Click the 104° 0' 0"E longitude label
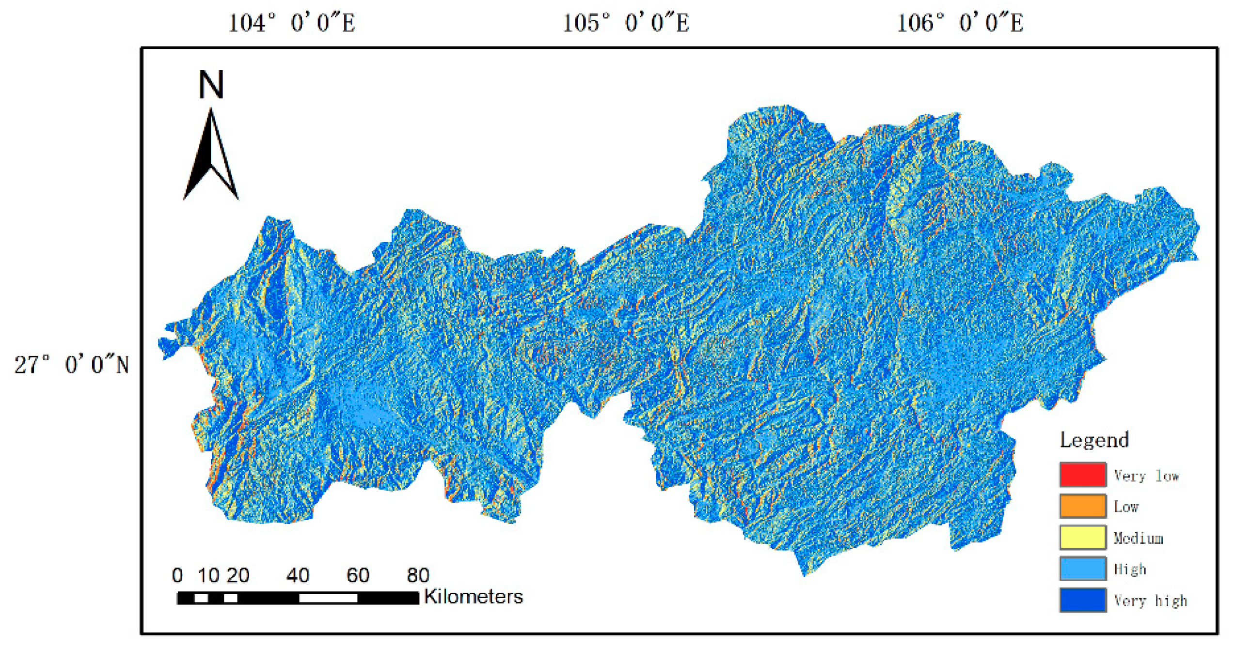[291, 23]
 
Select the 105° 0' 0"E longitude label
[625, 23]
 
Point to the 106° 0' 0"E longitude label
[960, 23]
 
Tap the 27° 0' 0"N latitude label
[72, 365]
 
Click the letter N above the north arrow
[211, 85]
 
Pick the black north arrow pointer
[211, 155]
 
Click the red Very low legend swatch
[1082, 475]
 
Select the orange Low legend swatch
[1082, 506]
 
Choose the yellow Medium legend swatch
[1082, 538]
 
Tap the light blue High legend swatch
[1082, 569]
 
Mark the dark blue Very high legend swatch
[1082, 600]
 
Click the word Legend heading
[1094, 440]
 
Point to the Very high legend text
[1150, 601]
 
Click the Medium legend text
[1138, 538]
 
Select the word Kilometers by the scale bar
[473, 597]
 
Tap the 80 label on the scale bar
[418, 575]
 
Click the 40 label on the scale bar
[298, 575]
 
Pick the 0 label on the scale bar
[177, 575]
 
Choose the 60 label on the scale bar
[358, 575]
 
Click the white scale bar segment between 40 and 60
[328, 599]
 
